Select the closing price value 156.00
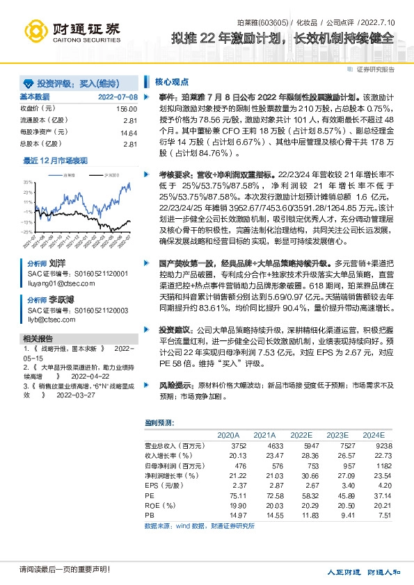(126, 109)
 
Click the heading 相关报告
(35, 338)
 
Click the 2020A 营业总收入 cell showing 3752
(239, 445)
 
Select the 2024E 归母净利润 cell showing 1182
(384, 465)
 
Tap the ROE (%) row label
(159, 505)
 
